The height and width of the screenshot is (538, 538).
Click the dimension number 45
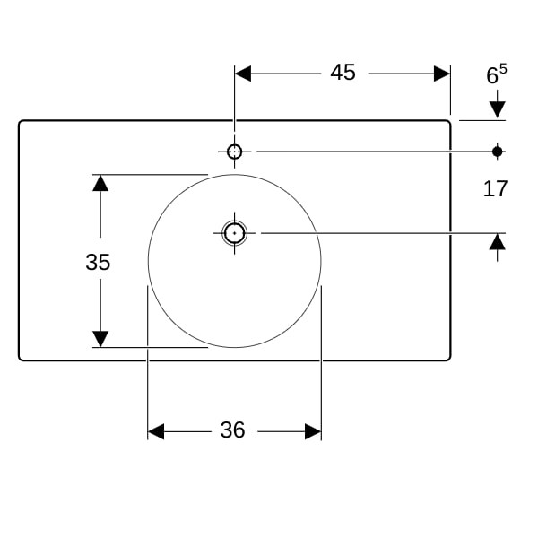pos(343,73)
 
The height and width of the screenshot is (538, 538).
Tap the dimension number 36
pos(232,430)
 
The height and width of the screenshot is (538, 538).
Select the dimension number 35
pos(98,262)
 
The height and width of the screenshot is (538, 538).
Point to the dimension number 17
pos(495,188)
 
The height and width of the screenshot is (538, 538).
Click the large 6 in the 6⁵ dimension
pos(492,76)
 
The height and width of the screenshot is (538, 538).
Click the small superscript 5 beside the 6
pos(503,69)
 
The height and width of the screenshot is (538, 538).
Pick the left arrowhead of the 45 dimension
pos(243,74)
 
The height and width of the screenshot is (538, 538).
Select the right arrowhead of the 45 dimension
pos(442,74)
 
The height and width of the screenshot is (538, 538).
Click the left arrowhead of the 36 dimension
pos(156,431)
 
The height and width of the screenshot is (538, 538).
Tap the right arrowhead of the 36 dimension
pos(313,431)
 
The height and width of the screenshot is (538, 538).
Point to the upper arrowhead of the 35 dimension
pos(100,183)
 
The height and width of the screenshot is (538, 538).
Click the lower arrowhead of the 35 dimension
pos(100,339)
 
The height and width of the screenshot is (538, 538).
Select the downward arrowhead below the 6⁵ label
pos(497,109)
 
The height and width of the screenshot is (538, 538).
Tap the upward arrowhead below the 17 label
pos(497,241)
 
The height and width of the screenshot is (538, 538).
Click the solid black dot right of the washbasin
pos(497,152)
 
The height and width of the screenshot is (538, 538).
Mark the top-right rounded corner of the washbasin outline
pos(448,123)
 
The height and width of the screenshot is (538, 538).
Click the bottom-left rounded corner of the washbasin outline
pos(21,359)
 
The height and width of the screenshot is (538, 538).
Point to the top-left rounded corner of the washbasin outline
pos(21,123)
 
